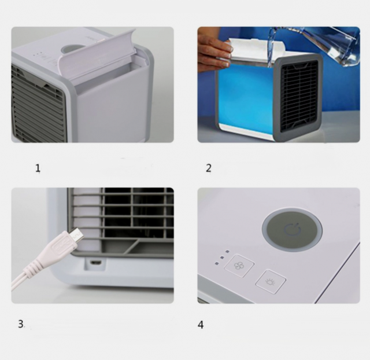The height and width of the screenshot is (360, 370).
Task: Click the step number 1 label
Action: point(38,168)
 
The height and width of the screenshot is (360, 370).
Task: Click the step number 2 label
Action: point(209,168)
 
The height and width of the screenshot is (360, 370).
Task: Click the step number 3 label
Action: point(21,324)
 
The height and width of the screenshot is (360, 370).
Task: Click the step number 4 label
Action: point(201,325)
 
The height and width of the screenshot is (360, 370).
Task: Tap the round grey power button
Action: point(292,230)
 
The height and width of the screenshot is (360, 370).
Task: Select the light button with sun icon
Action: point(271,281)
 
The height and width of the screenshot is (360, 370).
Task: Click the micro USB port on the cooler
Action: point(96,262)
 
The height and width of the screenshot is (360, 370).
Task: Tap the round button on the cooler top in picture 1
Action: point(71,49)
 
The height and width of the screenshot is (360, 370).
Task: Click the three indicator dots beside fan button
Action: point(221,257)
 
